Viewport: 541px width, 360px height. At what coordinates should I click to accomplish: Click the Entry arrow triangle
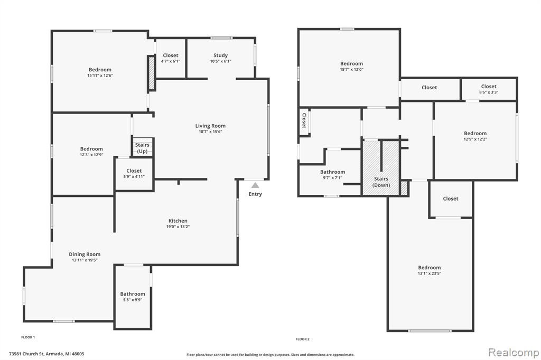coord(255,185)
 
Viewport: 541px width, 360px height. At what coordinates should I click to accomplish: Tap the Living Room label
coord(210,126)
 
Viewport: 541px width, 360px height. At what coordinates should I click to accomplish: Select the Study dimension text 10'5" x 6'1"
coord(220,61)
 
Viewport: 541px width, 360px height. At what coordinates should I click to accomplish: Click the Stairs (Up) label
coord(142,148)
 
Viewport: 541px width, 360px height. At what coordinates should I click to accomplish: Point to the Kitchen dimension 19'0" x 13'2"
coord(178,227)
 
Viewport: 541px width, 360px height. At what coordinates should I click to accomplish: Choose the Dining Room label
coord(85,254)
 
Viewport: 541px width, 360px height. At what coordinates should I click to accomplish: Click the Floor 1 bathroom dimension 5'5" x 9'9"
coord(133,300)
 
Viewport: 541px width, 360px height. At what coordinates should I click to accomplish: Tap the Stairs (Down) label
coord(381,182)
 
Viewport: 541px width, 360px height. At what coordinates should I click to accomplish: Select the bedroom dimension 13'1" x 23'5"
coord(430,273)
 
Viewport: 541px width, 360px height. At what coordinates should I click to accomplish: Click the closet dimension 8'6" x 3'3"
coord(489,92)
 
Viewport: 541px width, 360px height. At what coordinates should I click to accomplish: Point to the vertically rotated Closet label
coord(304,121)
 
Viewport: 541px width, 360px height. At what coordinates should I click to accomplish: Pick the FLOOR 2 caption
coord(303,339)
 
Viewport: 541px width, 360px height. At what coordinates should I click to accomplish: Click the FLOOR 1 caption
coord(29,337)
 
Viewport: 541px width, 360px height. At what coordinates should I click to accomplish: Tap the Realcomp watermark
coord(514,353)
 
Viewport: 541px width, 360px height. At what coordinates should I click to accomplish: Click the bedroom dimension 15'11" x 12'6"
coord(100,75)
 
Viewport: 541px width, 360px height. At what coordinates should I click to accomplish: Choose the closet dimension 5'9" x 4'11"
coord(134,176)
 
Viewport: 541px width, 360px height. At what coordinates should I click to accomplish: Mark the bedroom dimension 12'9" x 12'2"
coord(475,139)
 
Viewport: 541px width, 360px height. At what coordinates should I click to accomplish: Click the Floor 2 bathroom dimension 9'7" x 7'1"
coord(333,178)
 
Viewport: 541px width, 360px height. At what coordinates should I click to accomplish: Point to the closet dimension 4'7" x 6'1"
coord(171,61)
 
